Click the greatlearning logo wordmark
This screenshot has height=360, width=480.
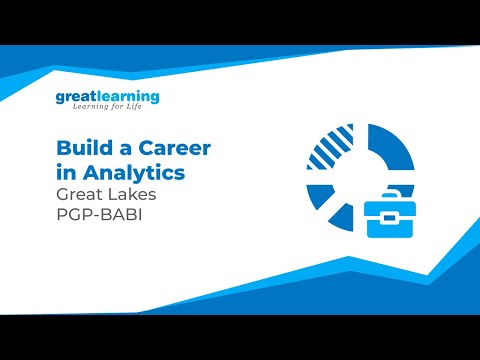pos(107,97)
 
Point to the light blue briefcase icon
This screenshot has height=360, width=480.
pos(389,214)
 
